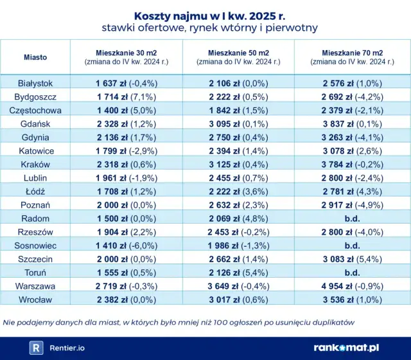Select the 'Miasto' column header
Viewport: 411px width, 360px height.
35,57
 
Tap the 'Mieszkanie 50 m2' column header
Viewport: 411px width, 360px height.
238,52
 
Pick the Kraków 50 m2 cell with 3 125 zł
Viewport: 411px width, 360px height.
238,164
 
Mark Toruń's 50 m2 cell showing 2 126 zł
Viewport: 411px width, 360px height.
238,272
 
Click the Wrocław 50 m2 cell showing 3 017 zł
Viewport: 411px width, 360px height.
238,299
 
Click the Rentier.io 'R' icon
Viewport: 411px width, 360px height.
37,347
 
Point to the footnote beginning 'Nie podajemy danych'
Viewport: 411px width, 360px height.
178,321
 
